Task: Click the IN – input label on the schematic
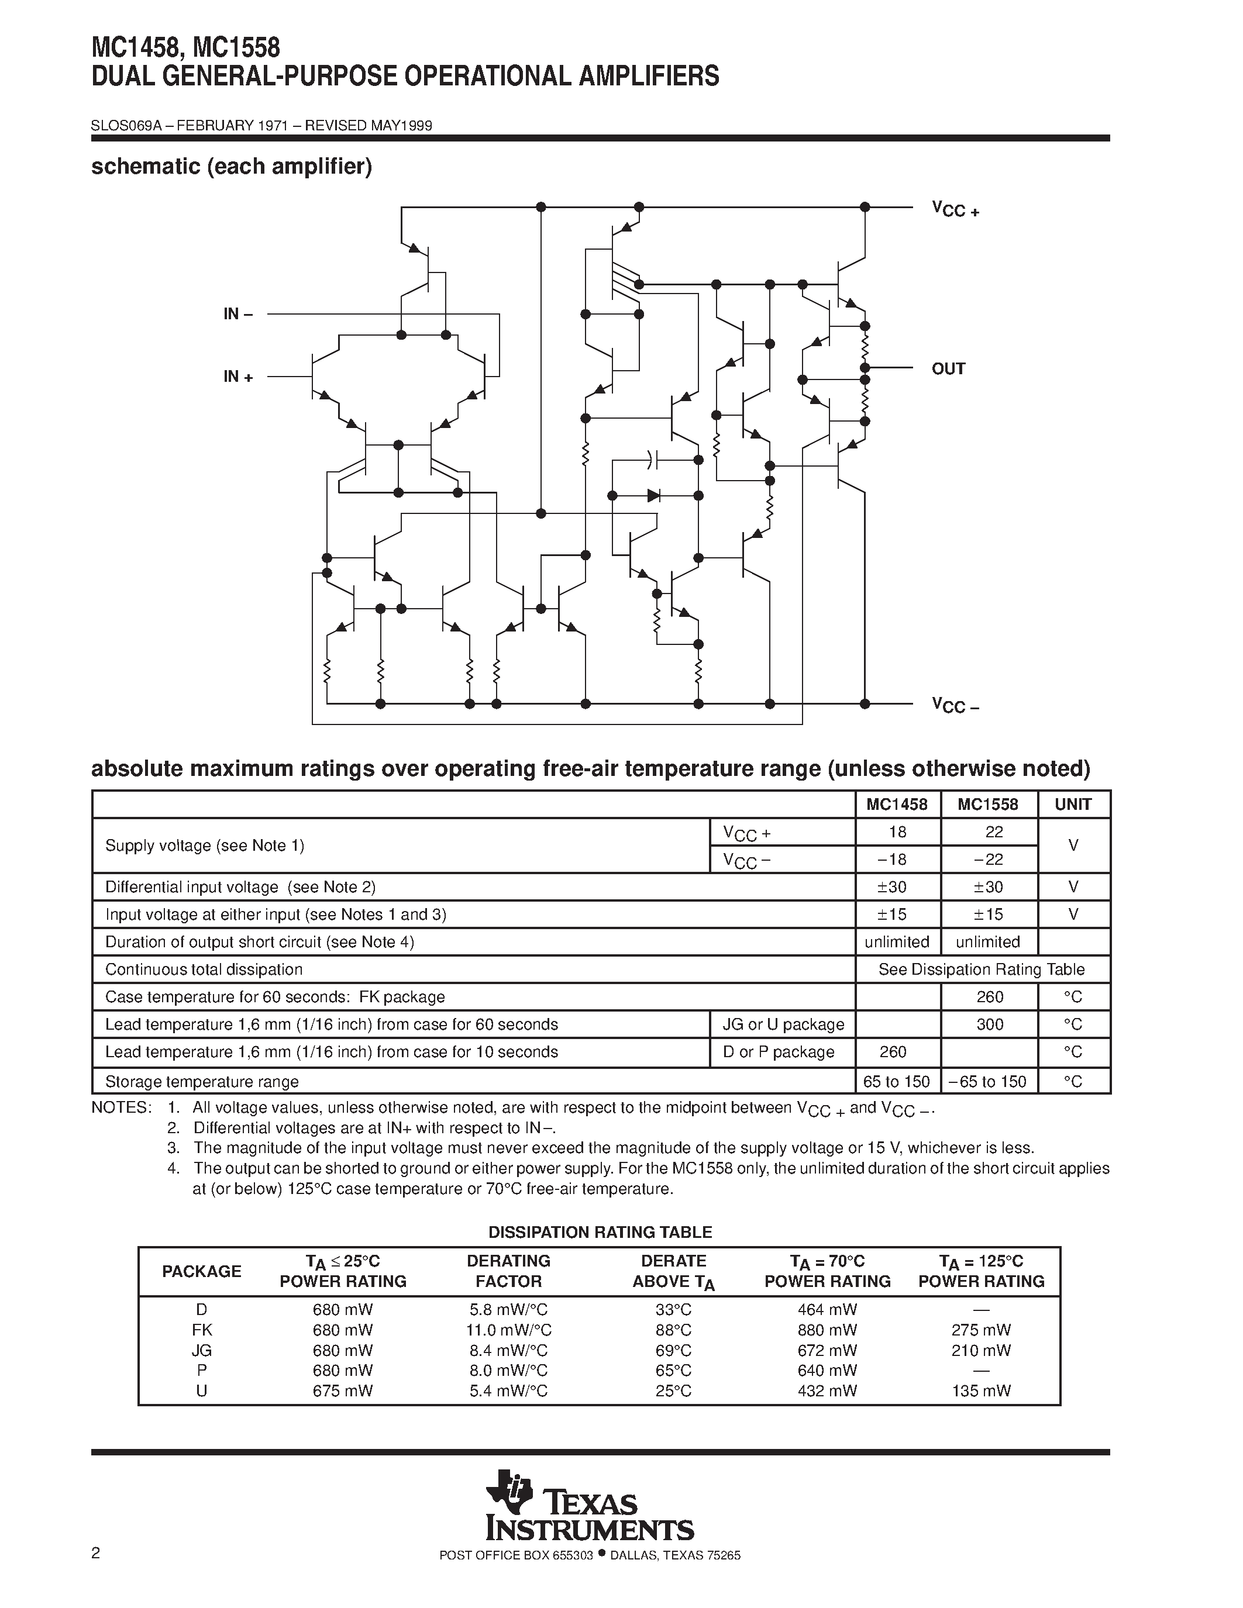point(238,315)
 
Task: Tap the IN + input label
point(238,377)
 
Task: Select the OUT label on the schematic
point(948,369)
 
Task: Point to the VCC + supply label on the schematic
point(955,210)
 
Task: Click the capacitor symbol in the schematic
point(652,460)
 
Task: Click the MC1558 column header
point(987,805)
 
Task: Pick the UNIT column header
point(1073,805)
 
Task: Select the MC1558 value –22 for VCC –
point(987,859)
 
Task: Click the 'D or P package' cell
point(779,1052)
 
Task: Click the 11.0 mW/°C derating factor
point(509,1330)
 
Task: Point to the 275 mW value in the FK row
point(981,1330)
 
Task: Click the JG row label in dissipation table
point(201,1350)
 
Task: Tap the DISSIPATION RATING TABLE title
point(600,1232)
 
